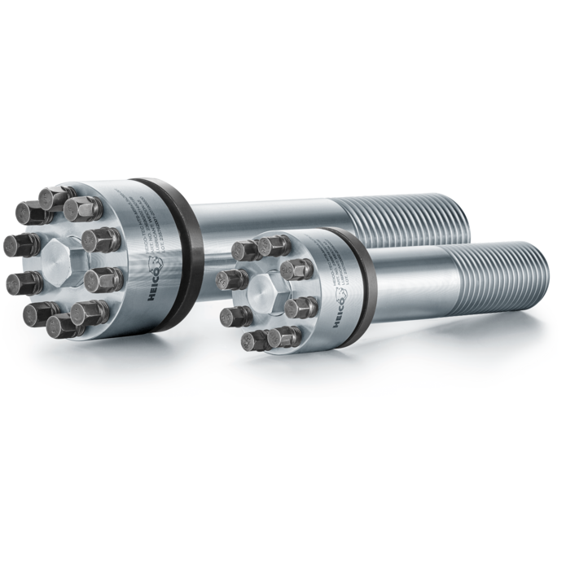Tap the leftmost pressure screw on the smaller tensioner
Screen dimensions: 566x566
click(231, 279)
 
